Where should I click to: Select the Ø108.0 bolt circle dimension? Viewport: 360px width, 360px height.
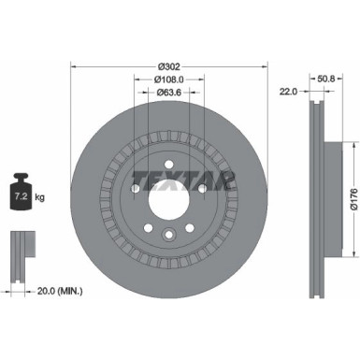click(x=169, y=80)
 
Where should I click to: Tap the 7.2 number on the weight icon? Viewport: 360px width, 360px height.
click(x=18, y=198)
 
